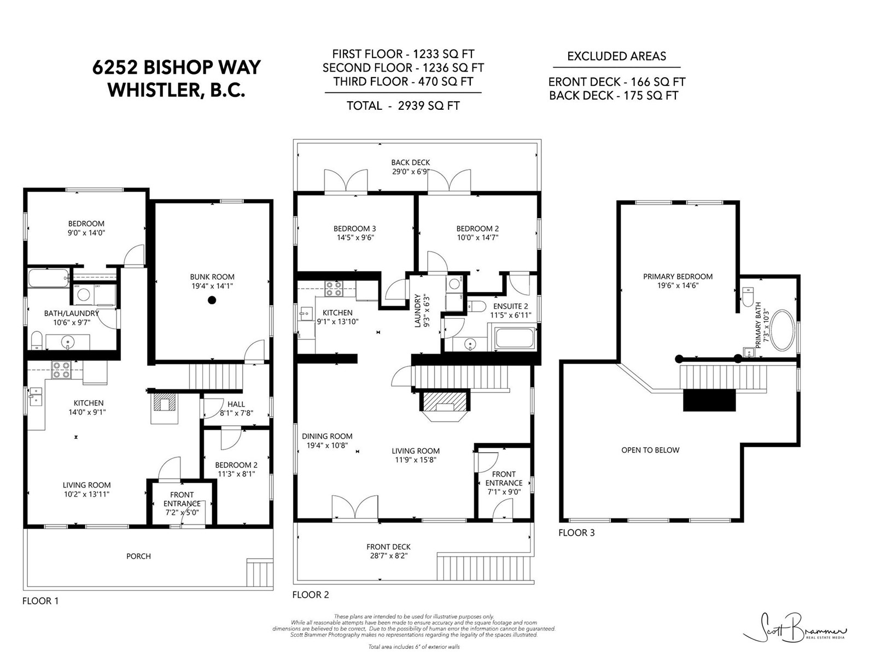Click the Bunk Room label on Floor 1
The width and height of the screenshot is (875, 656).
click(212, 277)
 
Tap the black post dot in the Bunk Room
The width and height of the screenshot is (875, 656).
click(212, 300)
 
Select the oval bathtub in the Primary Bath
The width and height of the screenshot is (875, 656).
click(783, 330)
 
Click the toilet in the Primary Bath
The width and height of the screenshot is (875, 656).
click(748, 297)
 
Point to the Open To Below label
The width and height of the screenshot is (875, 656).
click(650, 450)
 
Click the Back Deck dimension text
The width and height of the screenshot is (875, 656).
click(411, 172)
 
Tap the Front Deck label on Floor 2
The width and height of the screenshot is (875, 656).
click(388, 547)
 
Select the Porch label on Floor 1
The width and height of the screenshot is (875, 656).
click(139, 556)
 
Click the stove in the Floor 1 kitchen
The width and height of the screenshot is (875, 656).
click(61, 370)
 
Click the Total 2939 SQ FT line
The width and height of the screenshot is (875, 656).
click(403, 106)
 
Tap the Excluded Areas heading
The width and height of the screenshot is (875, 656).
click(617, 56)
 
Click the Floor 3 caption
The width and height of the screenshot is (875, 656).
click(576, 532)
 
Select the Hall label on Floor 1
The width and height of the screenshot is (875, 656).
click(236, 405)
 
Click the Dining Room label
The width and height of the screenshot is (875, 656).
click(327, 436)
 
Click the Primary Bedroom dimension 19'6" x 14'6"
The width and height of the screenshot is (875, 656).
click(678, 285)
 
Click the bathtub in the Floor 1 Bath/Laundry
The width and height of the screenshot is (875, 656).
click(48, 278)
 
